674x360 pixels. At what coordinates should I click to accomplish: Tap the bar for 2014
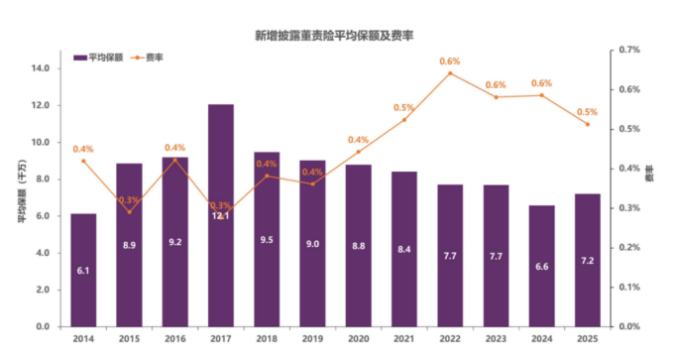pos(83,269)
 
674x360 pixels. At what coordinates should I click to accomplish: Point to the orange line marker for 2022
pos(450,73)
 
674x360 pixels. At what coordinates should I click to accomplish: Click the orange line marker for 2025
pos(588,124)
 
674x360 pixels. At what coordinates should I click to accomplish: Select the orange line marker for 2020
pos(359,152)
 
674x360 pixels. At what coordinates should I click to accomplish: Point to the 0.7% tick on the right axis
pos(631,49)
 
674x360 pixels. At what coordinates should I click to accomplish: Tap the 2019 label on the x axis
pos(312,338)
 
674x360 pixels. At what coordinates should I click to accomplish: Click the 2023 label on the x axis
pos(496,338)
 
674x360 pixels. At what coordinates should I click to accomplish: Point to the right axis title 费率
pos(651,186)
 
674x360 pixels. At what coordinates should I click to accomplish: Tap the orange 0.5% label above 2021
pos(403,107)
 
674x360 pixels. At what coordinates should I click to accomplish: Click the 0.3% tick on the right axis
pos(631,207)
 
